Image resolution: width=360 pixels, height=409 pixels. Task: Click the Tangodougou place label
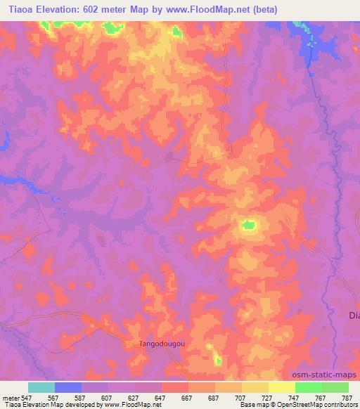(x=160, y=344)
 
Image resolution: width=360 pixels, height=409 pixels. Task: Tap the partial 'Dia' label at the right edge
(x=354, y=315)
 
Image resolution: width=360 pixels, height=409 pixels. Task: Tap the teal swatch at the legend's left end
(x=41, y=387)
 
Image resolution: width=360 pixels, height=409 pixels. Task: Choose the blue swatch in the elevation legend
(x=68, y=387)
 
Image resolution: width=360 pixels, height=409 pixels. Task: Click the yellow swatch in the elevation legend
(x=282, y=387)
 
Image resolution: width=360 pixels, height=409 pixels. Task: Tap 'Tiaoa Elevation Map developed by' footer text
(x=44, y=405)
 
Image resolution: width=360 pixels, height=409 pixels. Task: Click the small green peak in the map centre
(x=247, y=226)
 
